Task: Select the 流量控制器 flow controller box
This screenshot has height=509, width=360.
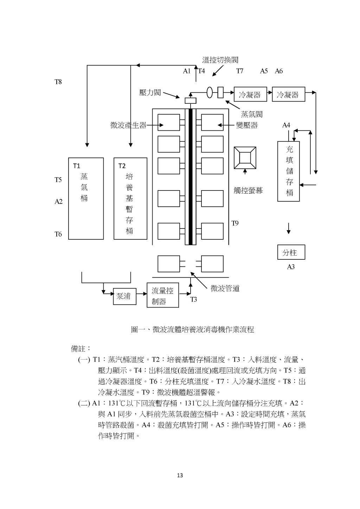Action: pyautogui.click(x=162, y=295)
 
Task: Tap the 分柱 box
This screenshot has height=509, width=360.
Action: pyautogui.click(x=291, y=252)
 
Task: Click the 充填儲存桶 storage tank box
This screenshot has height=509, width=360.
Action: pyautogui.click(x=289, y=171)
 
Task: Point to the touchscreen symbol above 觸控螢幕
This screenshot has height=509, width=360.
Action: pyautogui.click(x=245, y=157)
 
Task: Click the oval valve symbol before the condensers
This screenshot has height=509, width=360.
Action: pyautogui.click(x=210, y=92)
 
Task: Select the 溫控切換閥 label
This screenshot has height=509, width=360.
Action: pyautogui.click(x=220, y=60)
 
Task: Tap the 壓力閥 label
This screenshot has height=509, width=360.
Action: pyautogui.click(x=150, y=92)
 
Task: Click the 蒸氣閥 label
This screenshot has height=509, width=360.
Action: pyautogui.click(x=252, y=114)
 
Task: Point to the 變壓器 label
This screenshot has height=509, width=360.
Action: pyautogui.click(x=247, y=125)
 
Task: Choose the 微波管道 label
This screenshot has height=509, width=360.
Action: pyautogui.click(x=225, y=289)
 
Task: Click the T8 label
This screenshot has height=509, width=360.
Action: pyautogui.click(x=58, y=82)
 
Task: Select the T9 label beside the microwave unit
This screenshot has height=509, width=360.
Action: pyautogui.click(x=235, y=223)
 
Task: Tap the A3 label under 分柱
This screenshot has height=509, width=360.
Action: pyautogui.click(x=291, y=267)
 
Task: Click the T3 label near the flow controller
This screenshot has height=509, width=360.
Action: pyautogui.click(x=194, y=299)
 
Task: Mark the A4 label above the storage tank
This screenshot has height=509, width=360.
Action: pyautogui.click(x=286, y=125)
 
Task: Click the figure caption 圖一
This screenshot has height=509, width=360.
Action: pyautogui.click(x=192, y=329)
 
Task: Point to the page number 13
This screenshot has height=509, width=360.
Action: pyautogui.click(x=180, y=476)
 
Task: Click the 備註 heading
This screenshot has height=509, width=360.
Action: pyautogui.click(x=81, y=349)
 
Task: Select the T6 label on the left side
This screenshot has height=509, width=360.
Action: pyautogui.click(x=58, y=234)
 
